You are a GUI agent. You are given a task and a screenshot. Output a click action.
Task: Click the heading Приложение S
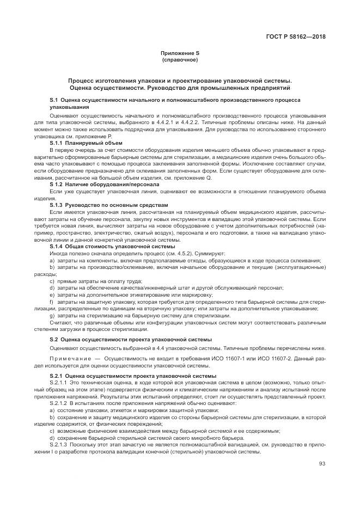180,53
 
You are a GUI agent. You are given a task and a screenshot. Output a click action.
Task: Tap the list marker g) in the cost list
52,316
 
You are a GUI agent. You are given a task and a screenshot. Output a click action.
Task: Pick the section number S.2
55,339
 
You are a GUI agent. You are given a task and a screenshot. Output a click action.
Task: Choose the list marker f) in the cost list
52,302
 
